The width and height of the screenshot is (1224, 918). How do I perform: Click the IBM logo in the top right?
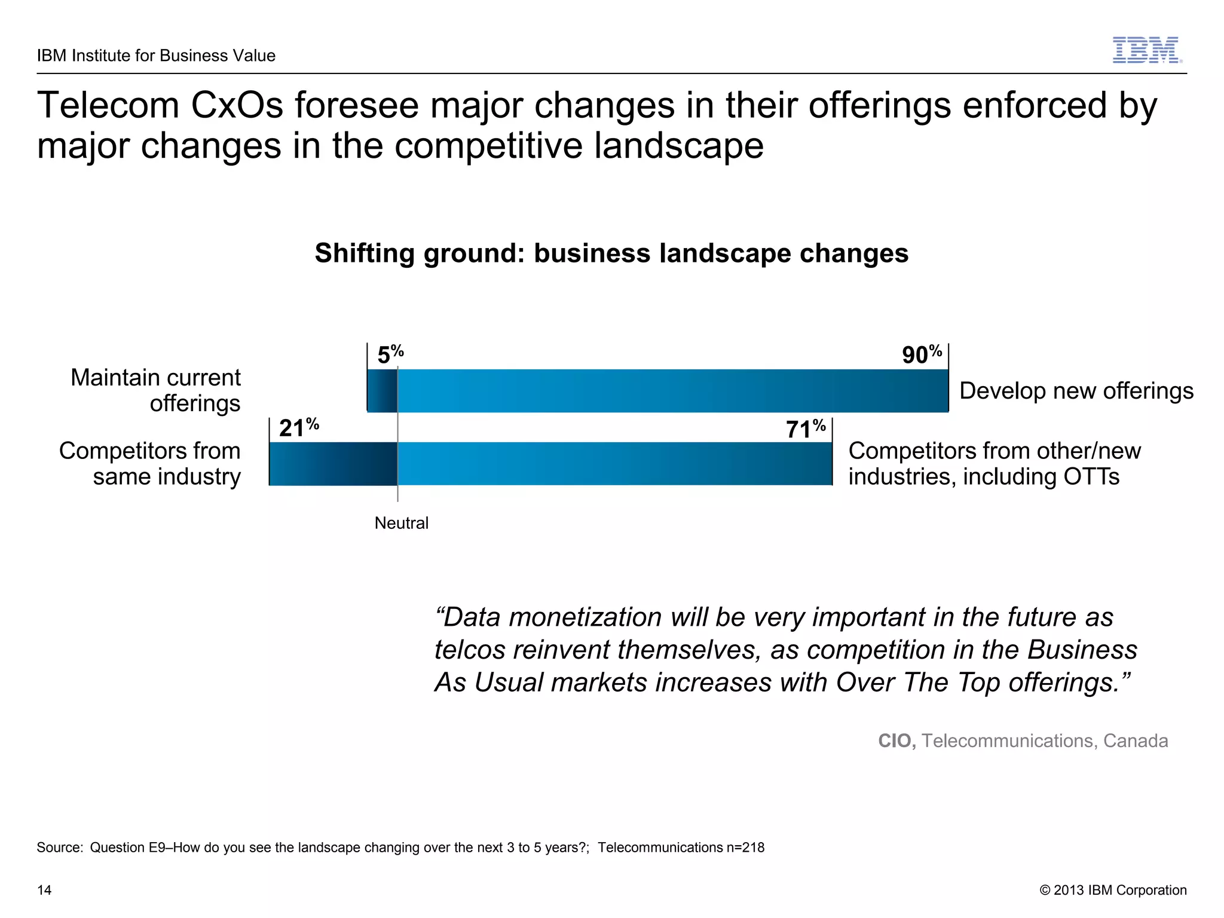click(x=1146, y=50)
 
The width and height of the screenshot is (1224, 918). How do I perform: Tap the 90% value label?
click(x=922, y=354)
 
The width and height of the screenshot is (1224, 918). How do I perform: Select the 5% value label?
click(x=390, y=354)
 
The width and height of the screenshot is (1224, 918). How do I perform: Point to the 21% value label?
click(x=298, y=427)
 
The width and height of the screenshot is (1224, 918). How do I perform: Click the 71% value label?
click(x=805, y=429)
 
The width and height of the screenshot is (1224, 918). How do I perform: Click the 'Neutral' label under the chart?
click(x=401, y=523)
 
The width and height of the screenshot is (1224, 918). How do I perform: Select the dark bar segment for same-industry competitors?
click(x=333, y=464)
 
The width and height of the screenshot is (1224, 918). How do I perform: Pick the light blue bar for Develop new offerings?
click(x=672, y=391)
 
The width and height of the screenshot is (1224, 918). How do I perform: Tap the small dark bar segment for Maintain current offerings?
click(x=382, y=391)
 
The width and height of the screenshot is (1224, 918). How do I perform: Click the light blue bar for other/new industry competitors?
click(x=614, y=464)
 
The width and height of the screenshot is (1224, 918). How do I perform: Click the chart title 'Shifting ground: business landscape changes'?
click(x=611, y=253)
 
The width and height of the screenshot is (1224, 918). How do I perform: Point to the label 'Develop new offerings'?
click(x=1076, y=391)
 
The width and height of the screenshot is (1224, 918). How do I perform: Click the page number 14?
click(x=44, y=890)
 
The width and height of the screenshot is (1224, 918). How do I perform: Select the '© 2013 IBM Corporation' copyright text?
click(x=1113, y=890)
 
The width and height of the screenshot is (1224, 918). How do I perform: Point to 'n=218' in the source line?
click(x=746, y=847)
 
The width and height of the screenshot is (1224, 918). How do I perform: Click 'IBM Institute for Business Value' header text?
click(x=156, y=56)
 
